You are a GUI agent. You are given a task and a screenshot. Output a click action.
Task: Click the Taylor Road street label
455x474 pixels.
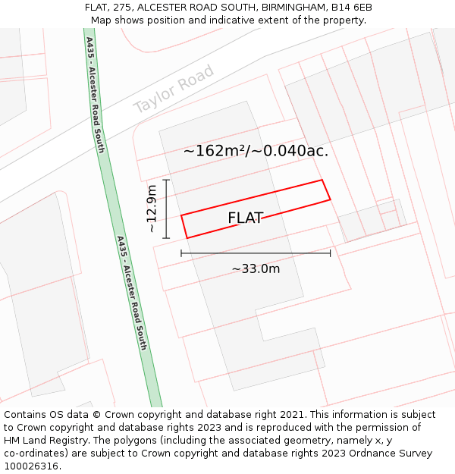coord(174,89)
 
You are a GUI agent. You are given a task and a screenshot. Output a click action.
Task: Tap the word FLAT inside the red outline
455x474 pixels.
coord(245,218)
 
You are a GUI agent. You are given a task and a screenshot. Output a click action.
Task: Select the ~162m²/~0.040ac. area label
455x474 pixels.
coord(256,151)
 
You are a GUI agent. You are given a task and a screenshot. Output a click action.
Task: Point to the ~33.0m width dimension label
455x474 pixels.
coord(256,268)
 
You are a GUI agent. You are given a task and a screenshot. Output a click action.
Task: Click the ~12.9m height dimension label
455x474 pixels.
coord(152,208)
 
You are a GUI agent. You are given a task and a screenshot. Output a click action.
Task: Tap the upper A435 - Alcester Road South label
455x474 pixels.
coord(95,94)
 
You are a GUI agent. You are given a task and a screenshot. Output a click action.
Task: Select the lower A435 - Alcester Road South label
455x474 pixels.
coord(131,293)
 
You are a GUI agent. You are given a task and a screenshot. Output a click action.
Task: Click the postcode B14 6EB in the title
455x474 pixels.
coord(350,8)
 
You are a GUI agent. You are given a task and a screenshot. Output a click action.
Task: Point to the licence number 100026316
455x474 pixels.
coord(32,466)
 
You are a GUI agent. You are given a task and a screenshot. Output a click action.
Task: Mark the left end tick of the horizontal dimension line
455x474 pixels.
coord(181,253)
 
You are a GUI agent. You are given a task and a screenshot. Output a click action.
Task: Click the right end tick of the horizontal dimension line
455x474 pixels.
coord(331,253)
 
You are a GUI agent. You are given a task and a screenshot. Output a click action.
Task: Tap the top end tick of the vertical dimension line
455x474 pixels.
coord(166,180)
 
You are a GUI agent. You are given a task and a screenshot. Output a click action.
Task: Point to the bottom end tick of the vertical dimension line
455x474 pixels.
coord(166,237)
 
